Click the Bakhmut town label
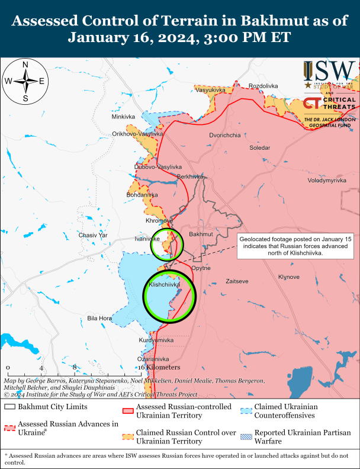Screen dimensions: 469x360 pyautogui.click(x=200, y=234)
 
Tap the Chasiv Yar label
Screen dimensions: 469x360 pyautogui.click(x=93, y=235)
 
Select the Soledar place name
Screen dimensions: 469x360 pyautogui.click(x=259, y=147)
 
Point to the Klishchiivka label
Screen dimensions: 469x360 pyautogui.click(x=164, y=285)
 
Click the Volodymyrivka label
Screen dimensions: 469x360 pyautogui.click(x=326, y=180)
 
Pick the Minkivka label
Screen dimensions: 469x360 pyautogui.click(x=123, y=117)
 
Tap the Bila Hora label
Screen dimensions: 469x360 pyautogui.click(x=99, y=318)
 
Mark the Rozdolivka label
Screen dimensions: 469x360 pyautogui.click(x=263, y=86)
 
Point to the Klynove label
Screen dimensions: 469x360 pyautogui.click(x=289, y=277)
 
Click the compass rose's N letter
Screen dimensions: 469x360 pyautogui.click(x=25, y=65)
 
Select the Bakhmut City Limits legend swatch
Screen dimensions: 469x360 pyautogui.click(x=9, y=407)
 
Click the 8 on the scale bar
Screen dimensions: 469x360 pyautogui.click(x=76, y=367)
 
